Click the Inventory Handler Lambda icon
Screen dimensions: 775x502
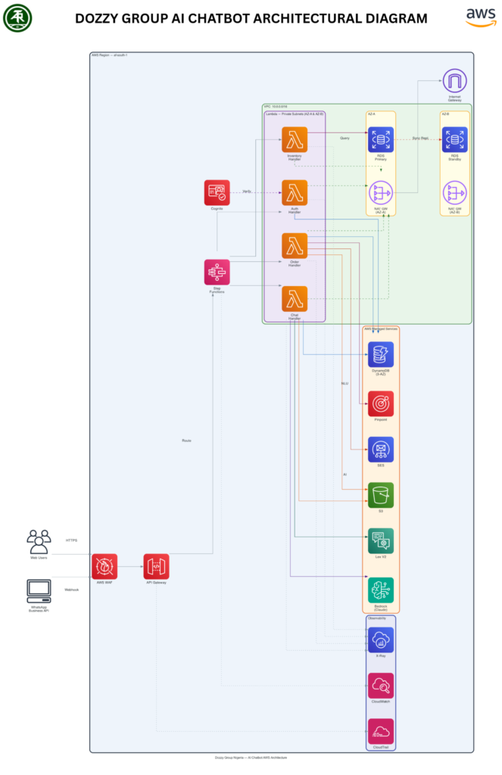point(295,139)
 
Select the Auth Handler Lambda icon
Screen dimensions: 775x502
point(295,192)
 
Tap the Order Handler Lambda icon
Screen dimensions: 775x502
point(295,245)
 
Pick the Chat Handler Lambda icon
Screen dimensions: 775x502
point(295,299)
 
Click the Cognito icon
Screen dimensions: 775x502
point(217,192)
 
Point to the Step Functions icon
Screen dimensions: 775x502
point(217,272)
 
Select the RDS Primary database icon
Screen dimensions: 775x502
point(380,139)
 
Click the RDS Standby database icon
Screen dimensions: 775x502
point(455,139)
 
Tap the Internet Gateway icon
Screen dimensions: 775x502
point(455,82)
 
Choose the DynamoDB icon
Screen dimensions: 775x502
point(380,354)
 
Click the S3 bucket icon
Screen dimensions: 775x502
point(380,495)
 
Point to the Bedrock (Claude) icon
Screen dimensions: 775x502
point(380,590)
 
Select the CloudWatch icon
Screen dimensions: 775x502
point(380,686)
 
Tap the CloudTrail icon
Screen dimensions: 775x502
point(380,732)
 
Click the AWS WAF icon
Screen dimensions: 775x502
point(104,566)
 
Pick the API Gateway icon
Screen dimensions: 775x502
point(156,566)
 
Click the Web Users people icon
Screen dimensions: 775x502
point(39,541)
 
